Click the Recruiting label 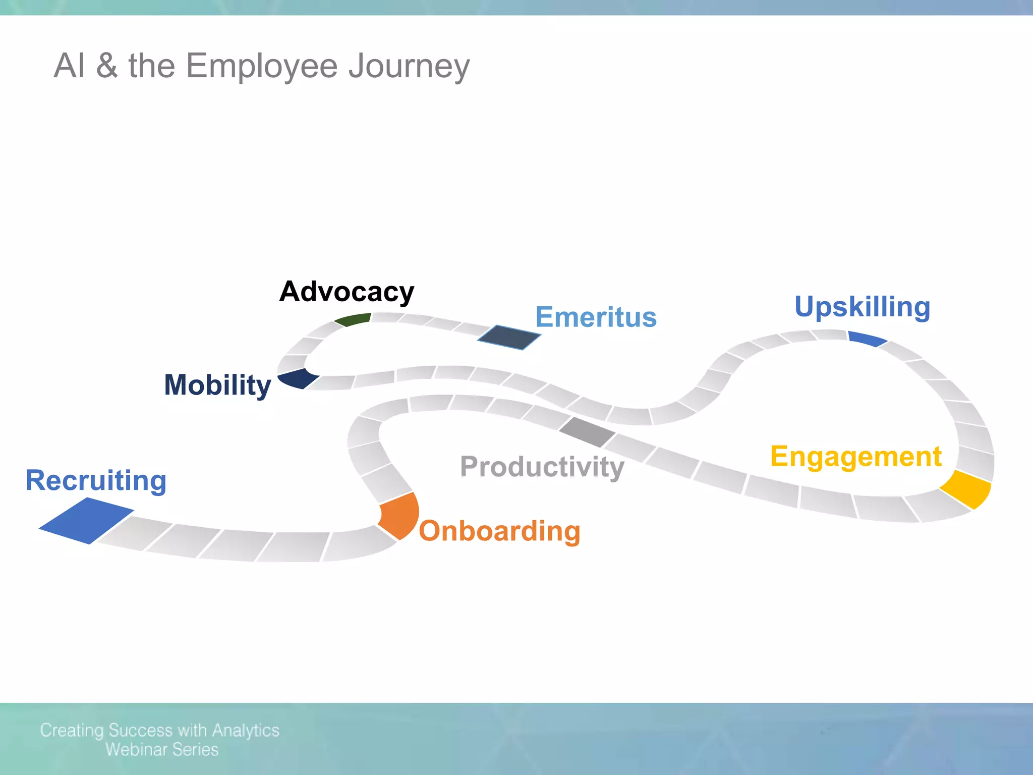[96, 480]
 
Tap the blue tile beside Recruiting [87, 521]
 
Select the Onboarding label [499, 531]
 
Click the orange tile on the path [400, 515]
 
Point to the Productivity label [542, 467]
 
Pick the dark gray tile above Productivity [587, 432]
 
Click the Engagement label [856, 457]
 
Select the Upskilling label [863, 307]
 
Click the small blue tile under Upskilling [867, 338]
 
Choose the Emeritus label [596, 317]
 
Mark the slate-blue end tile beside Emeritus [509, 337]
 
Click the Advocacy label [347, 292]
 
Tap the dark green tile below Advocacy [353, 319]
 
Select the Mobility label [217, 385]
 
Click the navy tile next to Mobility [299, 378]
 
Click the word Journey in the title [409, 66]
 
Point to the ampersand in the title [107, 66]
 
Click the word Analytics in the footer [246, 730]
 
